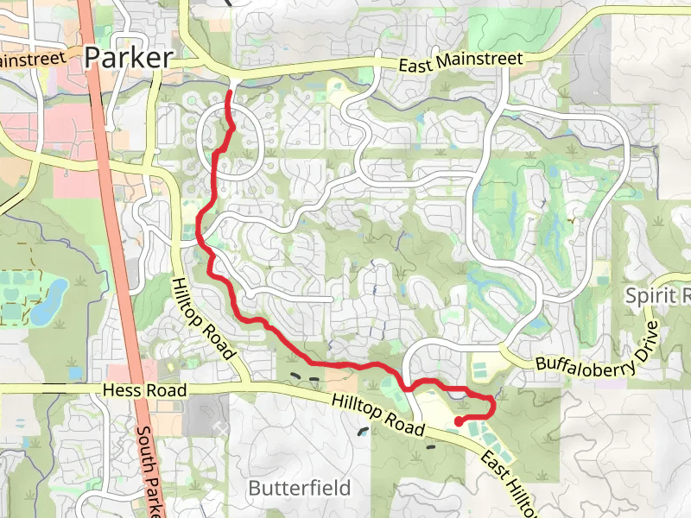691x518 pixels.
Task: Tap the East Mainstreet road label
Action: point(461,61)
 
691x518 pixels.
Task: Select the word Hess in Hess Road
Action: point(121,391)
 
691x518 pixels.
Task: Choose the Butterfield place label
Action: point(299,488)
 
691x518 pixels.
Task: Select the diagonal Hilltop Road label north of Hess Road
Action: point(204,318)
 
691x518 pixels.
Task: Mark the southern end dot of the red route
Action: point(458,421)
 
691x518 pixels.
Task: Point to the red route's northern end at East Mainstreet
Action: point(229,92)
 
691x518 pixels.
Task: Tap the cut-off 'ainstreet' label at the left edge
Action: point(33,60)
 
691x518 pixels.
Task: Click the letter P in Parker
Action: point(93,58)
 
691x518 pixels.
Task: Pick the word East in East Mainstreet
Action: point(415,65)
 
